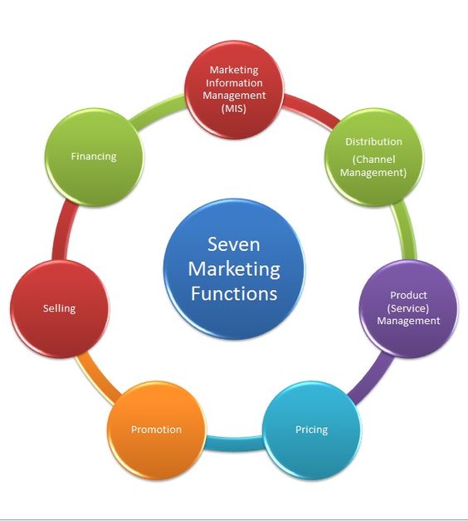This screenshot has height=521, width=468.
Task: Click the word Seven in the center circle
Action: point(234,244)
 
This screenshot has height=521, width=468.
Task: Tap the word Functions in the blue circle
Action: point(234,293)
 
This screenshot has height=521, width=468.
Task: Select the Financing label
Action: point(94,156)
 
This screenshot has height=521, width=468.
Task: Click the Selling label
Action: point(60,308)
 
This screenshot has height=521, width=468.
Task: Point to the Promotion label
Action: point(156,430)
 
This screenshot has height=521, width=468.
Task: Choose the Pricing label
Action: point(311,430)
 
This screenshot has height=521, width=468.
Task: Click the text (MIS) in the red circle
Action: point(234,108)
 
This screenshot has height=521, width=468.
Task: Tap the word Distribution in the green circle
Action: point(373,141)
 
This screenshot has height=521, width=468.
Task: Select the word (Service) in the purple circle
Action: point(408,308)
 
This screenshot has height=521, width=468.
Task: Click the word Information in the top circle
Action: point(234,83)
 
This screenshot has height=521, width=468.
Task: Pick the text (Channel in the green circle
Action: point(373,160)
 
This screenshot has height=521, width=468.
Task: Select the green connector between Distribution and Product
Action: point(405,231)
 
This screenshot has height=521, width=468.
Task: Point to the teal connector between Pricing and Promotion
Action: point(234,443)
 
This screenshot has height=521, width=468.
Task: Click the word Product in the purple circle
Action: point(408,295)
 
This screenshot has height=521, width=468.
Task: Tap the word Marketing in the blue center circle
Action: point(234,269)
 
